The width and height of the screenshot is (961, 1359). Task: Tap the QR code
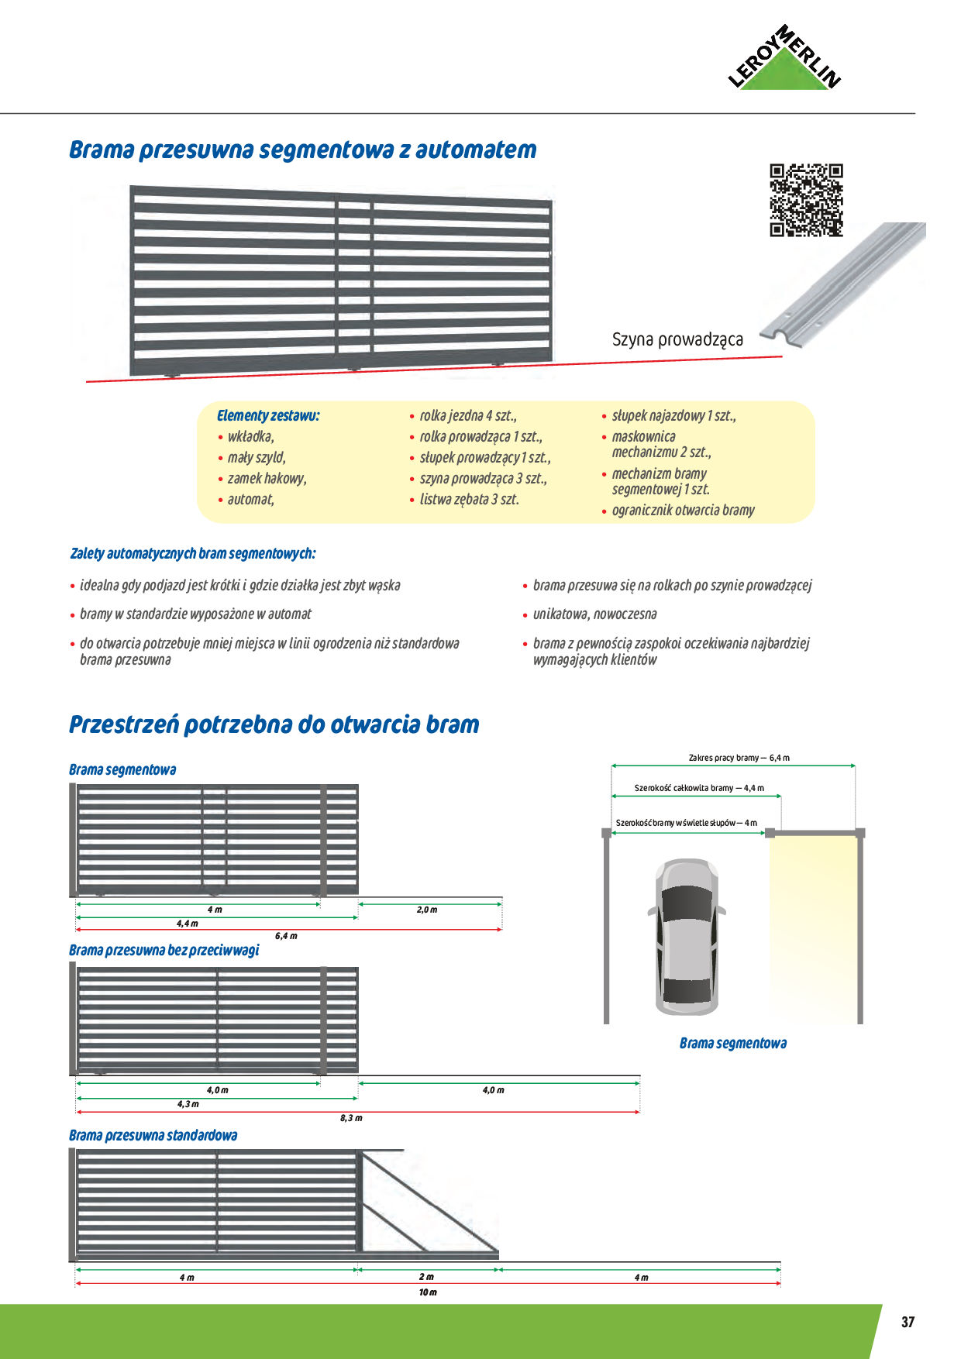click(806, 200)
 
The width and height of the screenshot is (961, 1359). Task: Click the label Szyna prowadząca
click(677, 339)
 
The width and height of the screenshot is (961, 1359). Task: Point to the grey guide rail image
click(845, 283)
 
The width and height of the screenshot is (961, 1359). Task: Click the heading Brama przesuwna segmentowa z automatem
click(302, 150)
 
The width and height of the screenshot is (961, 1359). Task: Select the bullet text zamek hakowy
click(267, 479)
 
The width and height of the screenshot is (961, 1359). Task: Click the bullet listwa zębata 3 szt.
click(469, 500)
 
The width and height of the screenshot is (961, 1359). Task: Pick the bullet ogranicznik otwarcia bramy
click(683, 511)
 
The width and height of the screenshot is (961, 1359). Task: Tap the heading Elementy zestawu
click(268, 416)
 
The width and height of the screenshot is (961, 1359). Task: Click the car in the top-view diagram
click(687, 936)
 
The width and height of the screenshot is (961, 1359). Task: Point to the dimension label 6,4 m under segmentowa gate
click(286, 936)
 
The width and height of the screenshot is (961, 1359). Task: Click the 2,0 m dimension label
click(427, 910)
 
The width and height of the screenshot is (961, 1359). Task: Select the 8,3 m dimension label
click(351, 1118)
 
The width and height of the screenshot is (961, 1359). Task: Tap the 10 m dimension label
click(428, 1292)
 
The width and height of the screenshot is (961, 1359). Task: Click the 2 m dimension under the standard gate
click(426, 1277)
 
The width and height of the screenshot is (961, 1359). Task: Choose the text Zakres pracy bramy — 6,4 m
click(739, 758)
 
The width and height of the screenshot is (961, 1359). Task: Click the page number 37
click(908, 1323)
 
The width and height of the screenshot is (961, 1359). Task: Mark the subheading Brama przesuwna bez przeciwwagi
click(164, 951)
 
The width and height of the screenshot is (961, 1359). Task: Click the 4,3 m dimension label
click(188, 1104)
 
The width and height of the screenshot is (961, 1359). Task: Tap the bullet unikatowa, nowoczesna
click(594, 614)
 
